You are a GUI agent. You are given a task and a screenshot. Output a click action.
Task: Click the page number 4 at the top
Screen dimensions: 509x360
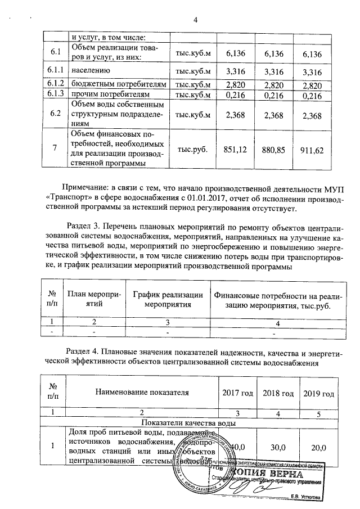[196, 21]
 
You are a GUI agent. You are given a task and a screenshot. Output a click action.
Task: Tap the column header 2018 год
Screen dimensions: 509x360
[278, 393]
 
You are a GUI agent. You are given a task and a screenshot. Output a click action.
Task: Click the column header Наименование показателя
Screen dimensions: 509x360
[141, 393]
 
